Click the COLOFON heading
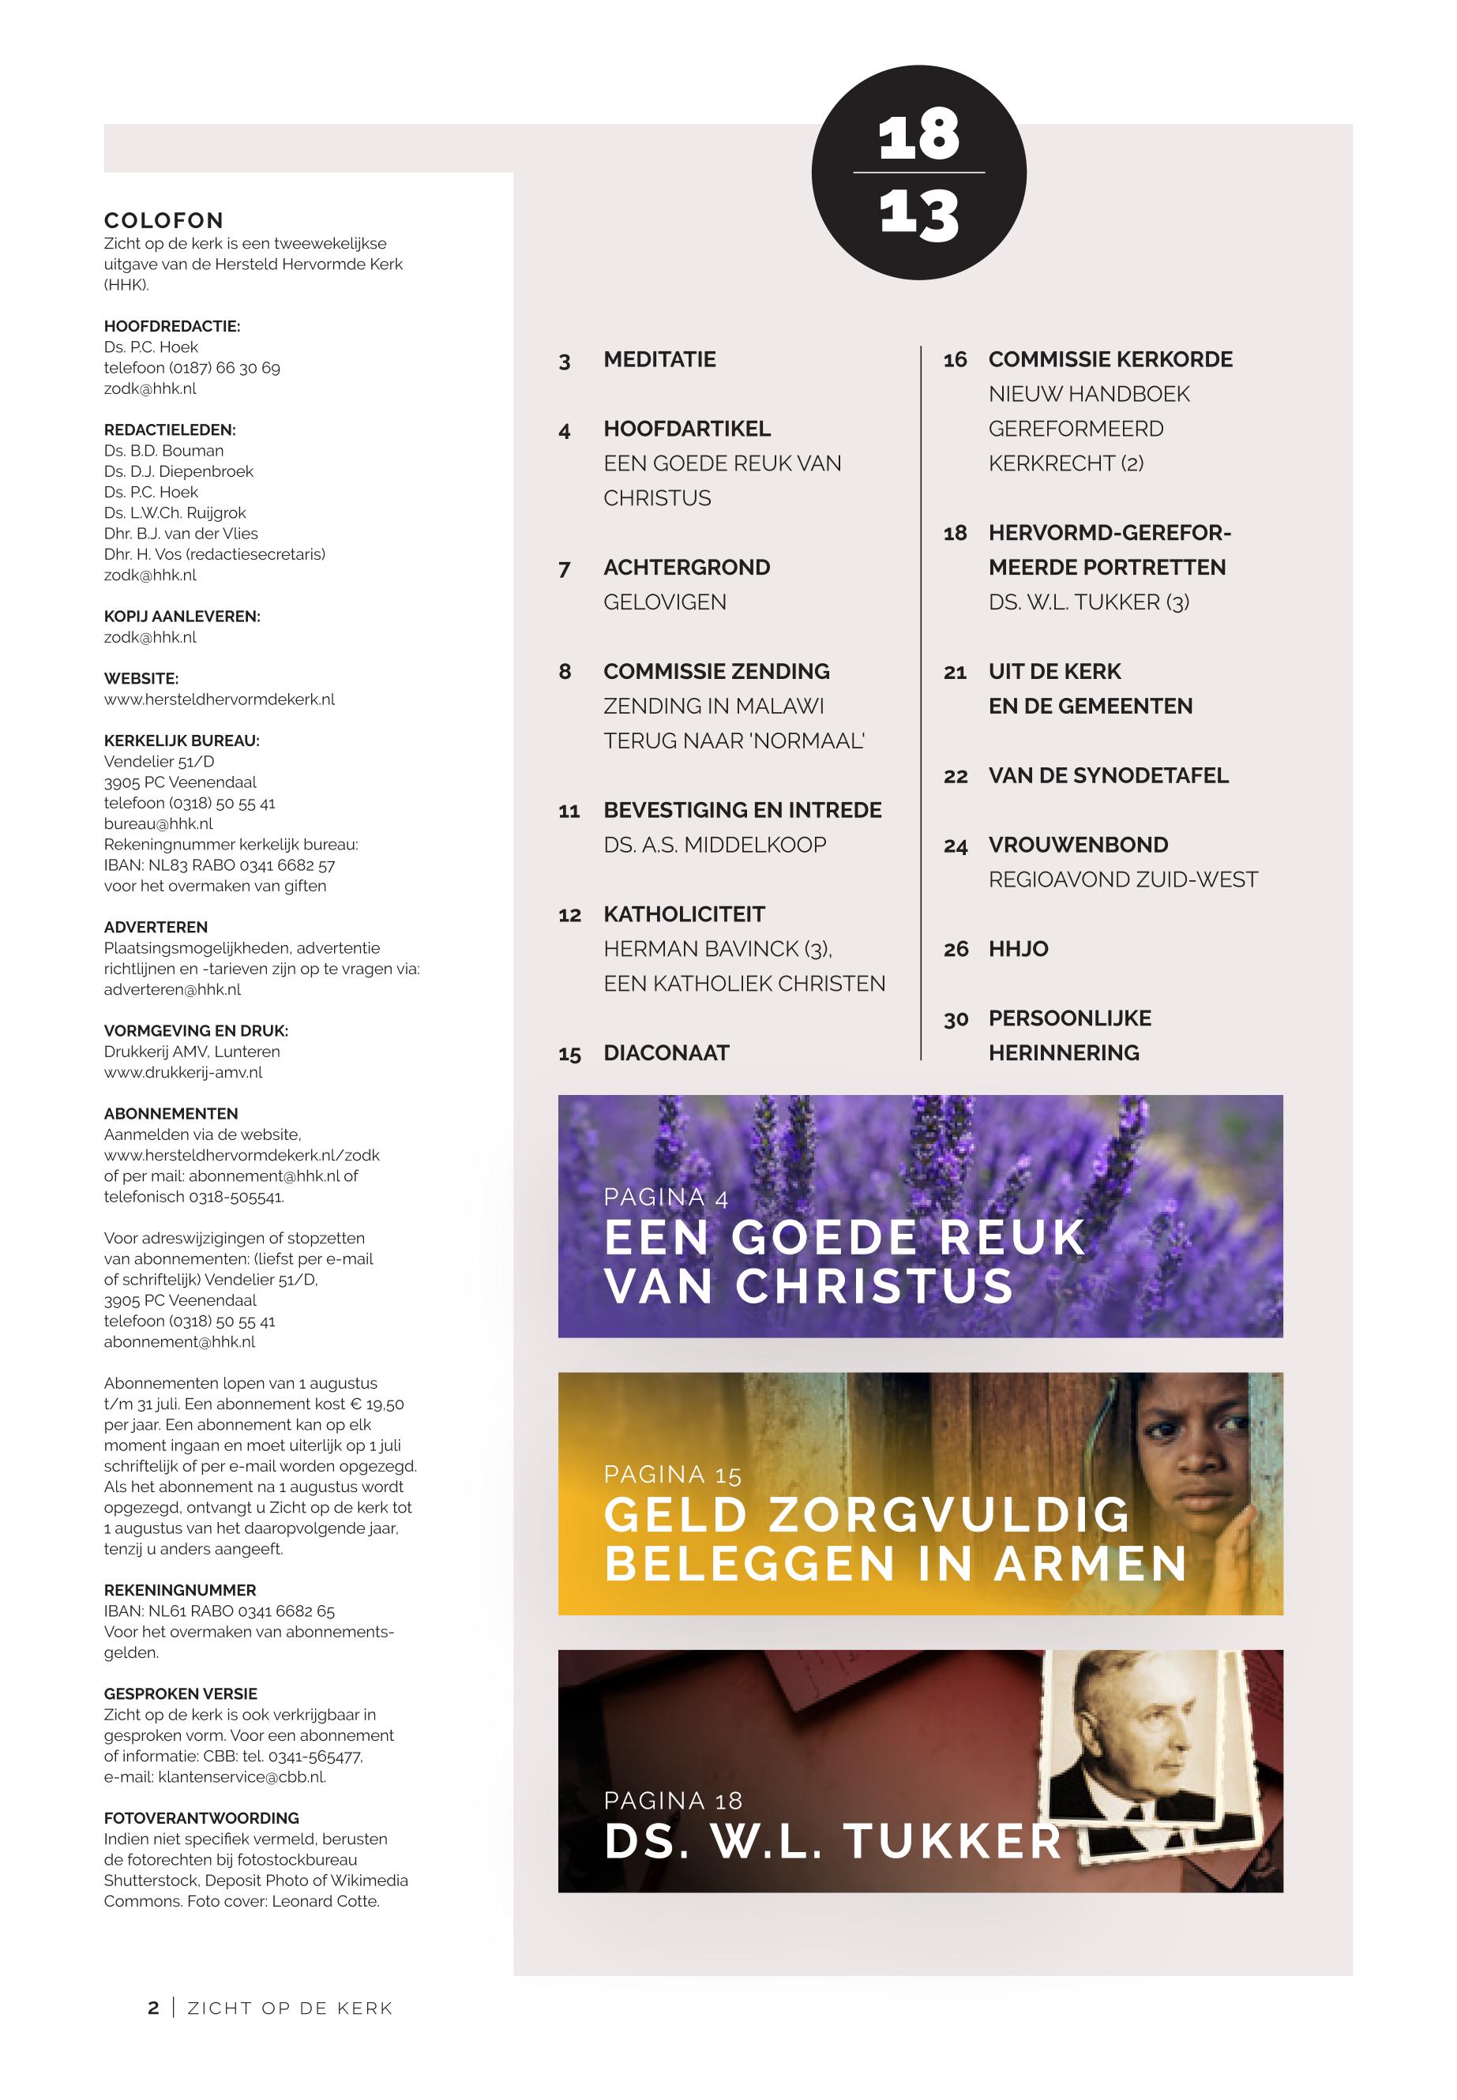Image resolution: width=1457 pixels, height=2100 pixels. click(163, 220)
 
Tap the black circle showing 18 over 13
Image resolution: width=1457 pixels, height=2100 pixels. click(918, 172)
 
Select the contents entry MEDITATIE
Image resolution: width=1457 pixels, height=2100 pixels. click(659, 359)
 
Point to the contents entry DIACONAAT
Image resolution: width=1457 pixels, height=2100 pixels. click(666, 1053)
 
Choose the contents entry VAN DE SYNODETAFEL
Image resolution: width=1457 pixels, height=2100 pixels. click(1107, 776)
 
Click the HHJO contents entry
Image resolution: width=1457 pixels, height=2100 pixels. click(1018, 949)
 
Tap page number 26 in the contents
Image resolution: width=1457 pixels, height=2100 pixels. click(955, 949)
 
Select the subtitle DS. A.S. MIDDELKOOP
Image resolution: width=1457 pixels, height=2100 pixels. click(714, 845)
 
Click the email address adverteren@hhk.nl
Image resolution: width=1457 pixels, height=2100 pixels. click(172, 989)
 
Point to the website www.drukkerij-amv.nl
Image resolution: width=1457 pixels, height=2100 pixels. click(182, 1072)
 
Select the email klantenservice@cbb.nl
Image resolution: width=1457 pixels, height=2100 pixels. click(241, 1777)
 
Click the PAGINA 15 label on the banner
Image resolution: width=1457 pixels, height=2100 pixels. click(672, 1475)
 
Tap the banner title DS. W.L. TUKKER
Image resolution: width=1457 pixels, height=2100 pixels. click(832, 1841)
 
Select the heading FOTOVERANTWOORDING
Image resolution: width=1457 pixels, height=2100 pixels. click(201, 1818)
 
